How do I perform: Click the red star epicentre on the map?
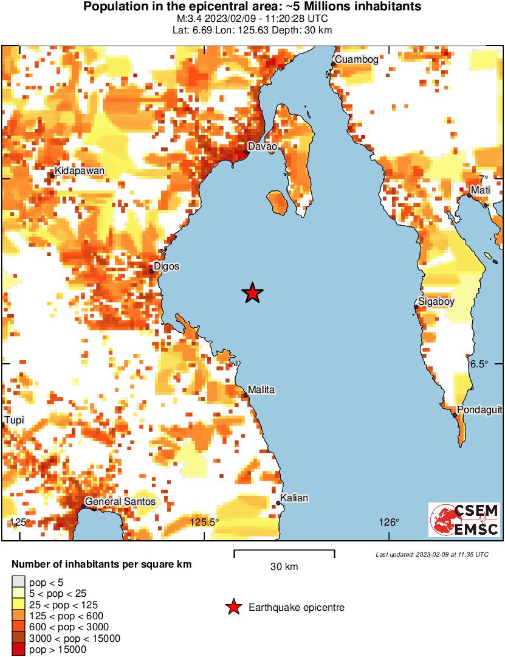(253, 293)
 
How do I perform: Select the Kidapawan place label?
(79, 171)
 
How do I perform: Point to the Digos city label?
(167, 266)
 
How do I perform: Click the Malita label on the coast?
(261, 389)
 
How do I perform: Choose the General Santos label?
(120, 502)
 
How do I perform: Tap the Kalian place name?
(295, 498)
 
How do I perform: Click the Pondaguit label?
(479, 410)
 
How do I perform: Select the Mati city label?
(481, 191)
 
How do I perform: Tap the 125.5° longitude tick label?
(204, 522)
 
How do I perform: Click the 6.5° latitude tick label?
(479, 364)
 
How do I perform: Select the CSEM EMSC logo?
(464, 520)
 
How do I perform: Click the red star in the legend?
(232, 607)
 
